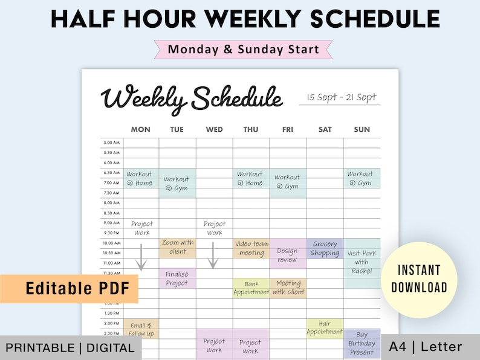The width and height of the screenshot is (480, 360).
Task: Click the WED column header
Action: point(214,129)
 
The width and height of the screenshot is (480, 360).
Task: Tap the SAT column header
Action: point(325,129)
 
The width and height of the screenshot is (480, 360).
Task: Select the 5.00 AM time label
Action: point(112,143)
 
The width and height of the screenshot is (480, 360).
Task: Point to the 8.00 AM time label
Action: point(112,202)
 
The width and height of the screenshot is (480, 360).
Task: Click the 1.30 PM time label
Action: point(112,313)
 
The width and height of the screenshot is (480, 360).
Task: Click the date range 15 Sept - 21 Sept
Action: point(341,97)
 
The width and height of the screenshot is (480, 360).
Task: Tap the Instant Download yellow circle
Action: point(419,278)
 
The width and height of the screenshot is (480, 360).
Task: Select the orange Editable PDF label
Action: point(69,289)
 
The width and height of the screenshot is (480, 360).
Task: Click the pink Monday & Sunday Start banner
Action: point(243,49)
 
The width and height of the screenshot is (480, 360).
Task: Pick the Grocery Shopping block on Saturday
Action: point(325,248)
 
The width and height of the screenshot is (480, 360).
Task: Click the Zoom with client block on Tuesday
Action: point(178,247)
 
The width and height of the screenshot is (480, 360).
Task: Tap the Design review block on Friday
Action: point(288,255)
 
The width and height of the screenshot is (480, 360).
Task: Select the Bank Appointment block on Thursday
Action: point(251,288)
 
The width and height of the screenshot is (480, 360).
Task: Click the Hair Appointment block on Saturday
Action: point(325,327)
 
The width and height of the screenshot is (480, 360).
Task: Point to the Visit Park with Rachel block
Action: point(362,263)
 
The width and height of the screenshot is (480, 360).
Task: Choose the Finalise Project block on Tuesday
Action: point(177,278)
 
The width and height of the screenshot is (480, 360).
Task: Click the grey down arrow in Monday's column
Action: point(141,257)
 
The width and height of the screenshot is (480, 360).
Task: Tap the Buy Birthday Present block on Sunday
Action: point(362,342)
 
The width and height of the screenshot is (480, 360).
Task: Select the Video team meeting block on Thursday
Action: point(251,248)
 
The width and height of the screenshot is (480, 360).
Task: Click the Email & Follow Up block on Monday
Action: point(141,329)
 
